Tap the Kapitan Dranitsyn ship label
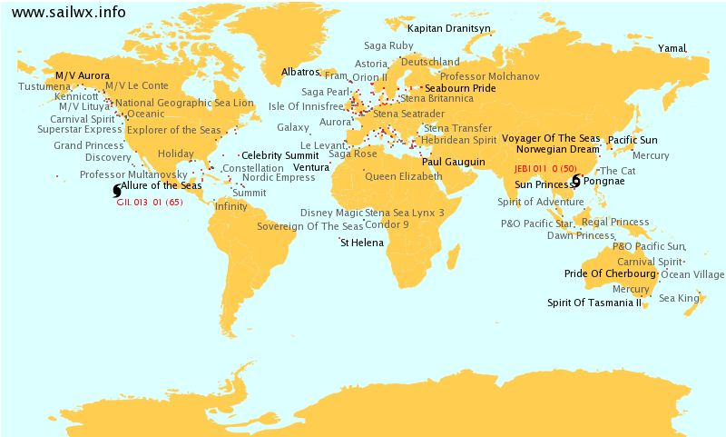click(449, 29)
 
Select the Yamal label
click(672, 47)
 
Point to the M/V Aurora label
click(83, 75)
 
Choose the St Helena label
click(361, 243)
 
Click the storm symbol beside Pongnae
click(576, 182)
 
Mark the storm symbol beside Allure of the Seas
click(115, 191)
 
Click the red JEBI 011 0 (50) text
click(545, 169)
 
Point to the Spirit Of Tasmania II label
click(594, 303)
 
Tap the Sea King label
click(679, 298)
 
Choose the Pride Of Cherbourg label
click(610, 273)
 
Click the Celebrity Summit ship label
click(273, 156)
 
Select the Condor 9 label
click(387, 224)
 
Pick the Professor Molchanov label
click(489, 77)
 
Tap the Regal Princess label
click(615, 222)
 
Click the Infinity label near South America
click(231, 206)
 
